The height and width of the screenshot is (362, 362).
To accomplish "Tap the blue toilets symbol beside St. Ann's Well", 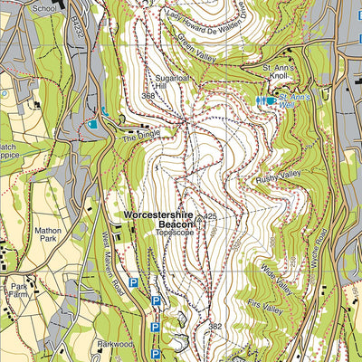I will point(263,101).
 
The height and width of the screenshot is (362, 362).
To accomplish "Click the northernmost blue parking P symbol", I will point(134,283).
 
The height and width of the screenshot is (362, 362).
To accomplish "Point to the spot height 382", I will point(214,325).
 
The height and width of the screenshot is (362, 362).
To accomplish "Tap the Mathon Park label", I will point(47,236).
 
